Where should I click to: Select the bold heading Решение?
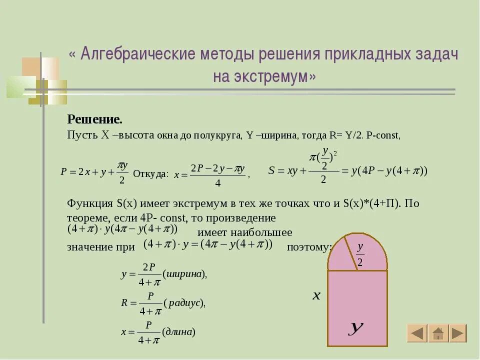coord(94,120)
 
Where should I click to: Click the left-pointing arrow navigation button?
coord(416,333)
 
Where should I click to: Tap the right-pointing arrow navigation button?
coord(457,333)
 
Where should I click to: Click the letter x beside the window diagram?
coord(316,296)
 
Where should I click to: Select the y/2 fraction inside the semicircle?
coord(360,254)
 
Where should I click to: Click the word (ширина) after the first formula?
coord(184,273)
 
